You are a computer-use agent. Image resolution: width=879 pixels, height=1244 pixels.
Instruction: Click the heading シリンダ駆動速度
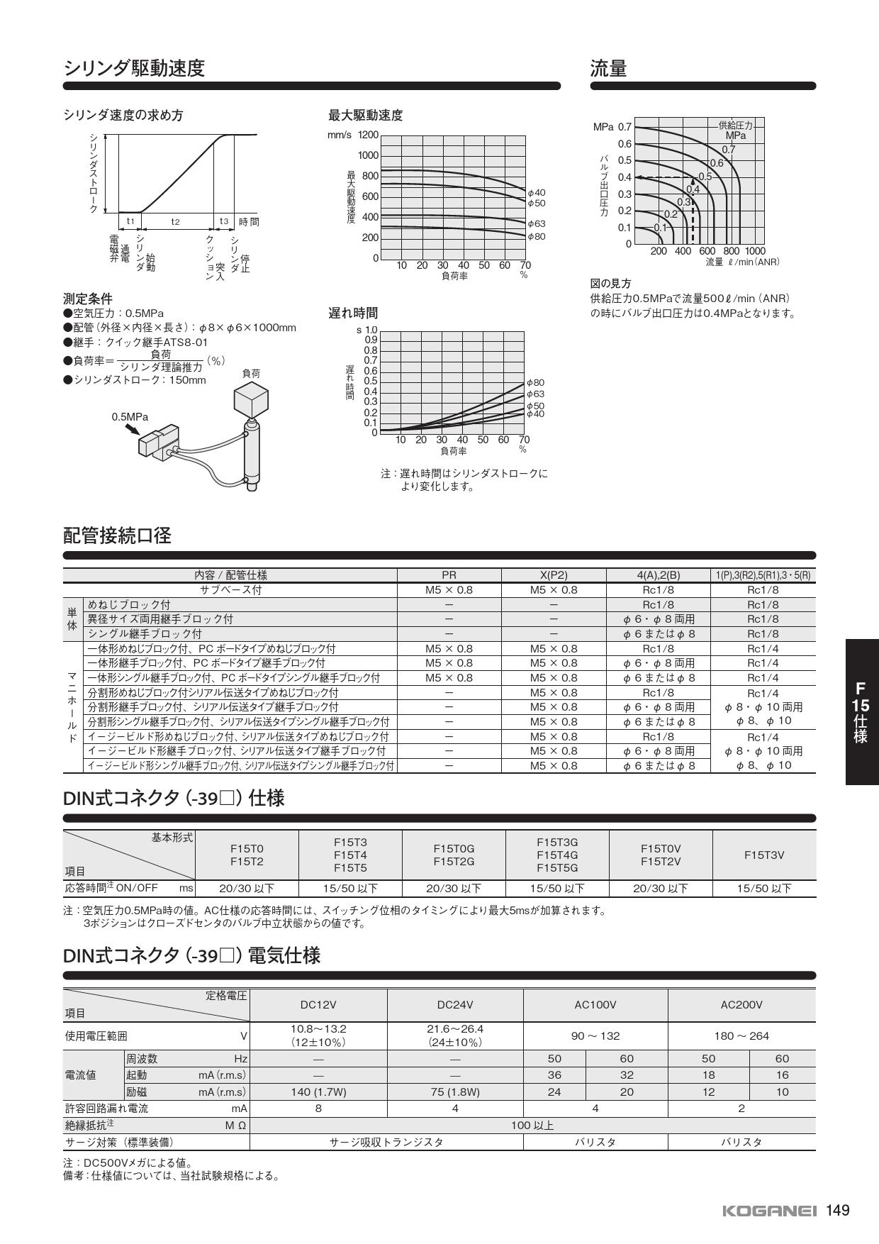[x=134, y=68]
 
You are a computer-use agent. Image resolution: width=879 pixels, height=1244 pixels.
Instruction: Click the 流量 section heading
[x=608, y=68]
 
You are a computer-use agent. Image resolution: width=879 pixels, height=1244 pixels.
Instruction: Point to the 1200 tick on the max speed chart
[x=368, y=135]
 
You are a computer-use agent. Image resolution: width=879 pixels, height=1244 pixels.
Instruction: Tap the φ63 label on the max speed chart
[x=537, y=223]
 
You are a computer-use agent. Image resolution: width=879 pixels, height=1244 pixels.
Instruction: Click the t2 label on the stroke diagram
[x=175, y=221]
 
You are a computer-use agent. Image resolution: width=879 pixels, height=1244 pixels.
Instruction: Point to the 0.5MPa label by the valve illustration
[x=130, y=417]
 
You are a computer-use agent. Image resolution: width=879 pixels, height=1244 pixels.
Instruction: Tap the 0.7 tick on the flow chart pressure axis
[x=624, y=127]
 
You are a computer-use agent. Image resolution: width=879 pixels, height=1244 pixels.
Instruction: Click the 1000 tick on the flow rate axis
[x=755, y=251]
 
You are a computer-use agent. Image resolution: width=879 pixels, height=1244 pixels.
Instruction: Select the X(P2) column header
[x=554, y=575]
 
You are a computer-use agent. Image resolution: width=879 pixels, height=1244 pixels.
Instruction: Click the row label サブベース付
[x=230, y=590]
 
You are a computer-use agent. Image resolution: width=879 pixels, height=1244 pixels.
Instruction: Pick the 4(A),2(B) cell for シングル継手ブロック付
[x=658, y=634]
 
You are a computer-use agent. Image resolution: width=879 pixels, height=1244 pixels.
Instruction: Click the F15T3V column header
[x=763, y=855]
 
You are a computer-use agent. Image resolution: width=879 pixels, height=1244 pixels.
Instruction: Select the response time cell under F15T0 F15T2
[x=246, y=888]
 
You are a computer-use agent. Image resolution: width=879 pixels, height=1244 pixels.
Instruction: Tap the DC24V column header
[x=455, y=1004]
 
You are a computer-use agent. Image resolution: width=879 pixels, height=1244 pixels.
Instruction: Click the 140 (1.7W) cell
[x=318, y=1092]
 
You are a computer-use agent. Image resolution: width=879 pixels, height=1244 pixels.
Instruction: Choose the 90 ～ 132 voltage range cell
[x=595, y=1035]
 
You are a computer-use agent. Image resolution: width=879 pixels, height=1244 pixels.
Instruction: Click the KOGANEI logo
[x=769, y=1211]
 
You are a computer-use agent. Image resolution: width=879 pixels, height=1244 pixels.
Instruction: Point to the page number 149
[x=837, y=1210]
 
